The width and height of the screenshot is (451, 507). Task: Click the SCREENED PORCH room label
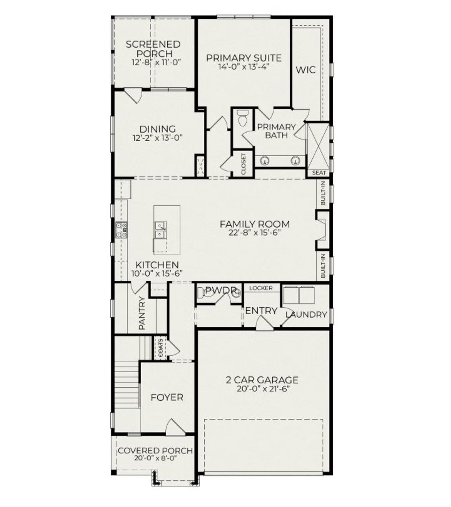point(153,49)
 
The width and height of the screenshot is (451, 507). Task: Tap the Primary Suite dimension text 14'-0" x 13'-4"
point(244,67)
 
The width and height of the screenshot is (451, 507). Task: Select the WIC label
point(305,70)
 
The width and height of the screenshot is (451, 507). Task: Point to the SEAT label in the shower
point(319,173)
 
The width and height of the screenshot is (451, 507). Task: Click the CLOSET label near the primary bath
point(243,164)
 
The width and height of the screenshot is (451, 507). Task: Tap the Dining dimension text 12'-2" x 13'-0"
point(157,138)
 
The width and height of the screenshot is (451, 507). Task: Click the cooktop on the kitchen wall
point(122,229)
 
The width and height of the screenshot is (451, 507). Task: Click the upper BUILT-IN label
point(323,193)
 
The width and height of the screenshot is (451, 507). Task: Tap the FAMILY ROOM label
point(255,224)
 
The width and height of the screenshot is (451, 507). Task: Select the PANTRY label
point(142,313)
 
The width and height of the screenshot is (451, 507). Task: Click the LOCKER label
point(261,288)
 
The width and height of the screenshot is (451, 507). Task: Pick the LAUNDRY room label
point(306,314)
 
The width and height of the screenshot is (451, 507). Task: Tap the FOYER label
point(167,398)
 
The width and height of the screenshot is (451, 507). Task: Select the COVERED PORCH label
point(155,451)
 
